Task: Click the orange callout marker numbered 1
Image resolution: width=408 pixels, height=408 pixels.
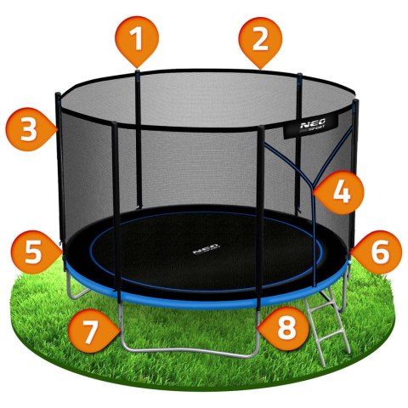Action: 136,40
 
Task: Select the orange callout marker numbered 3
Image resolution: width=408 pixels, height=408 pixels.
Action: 29,129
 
